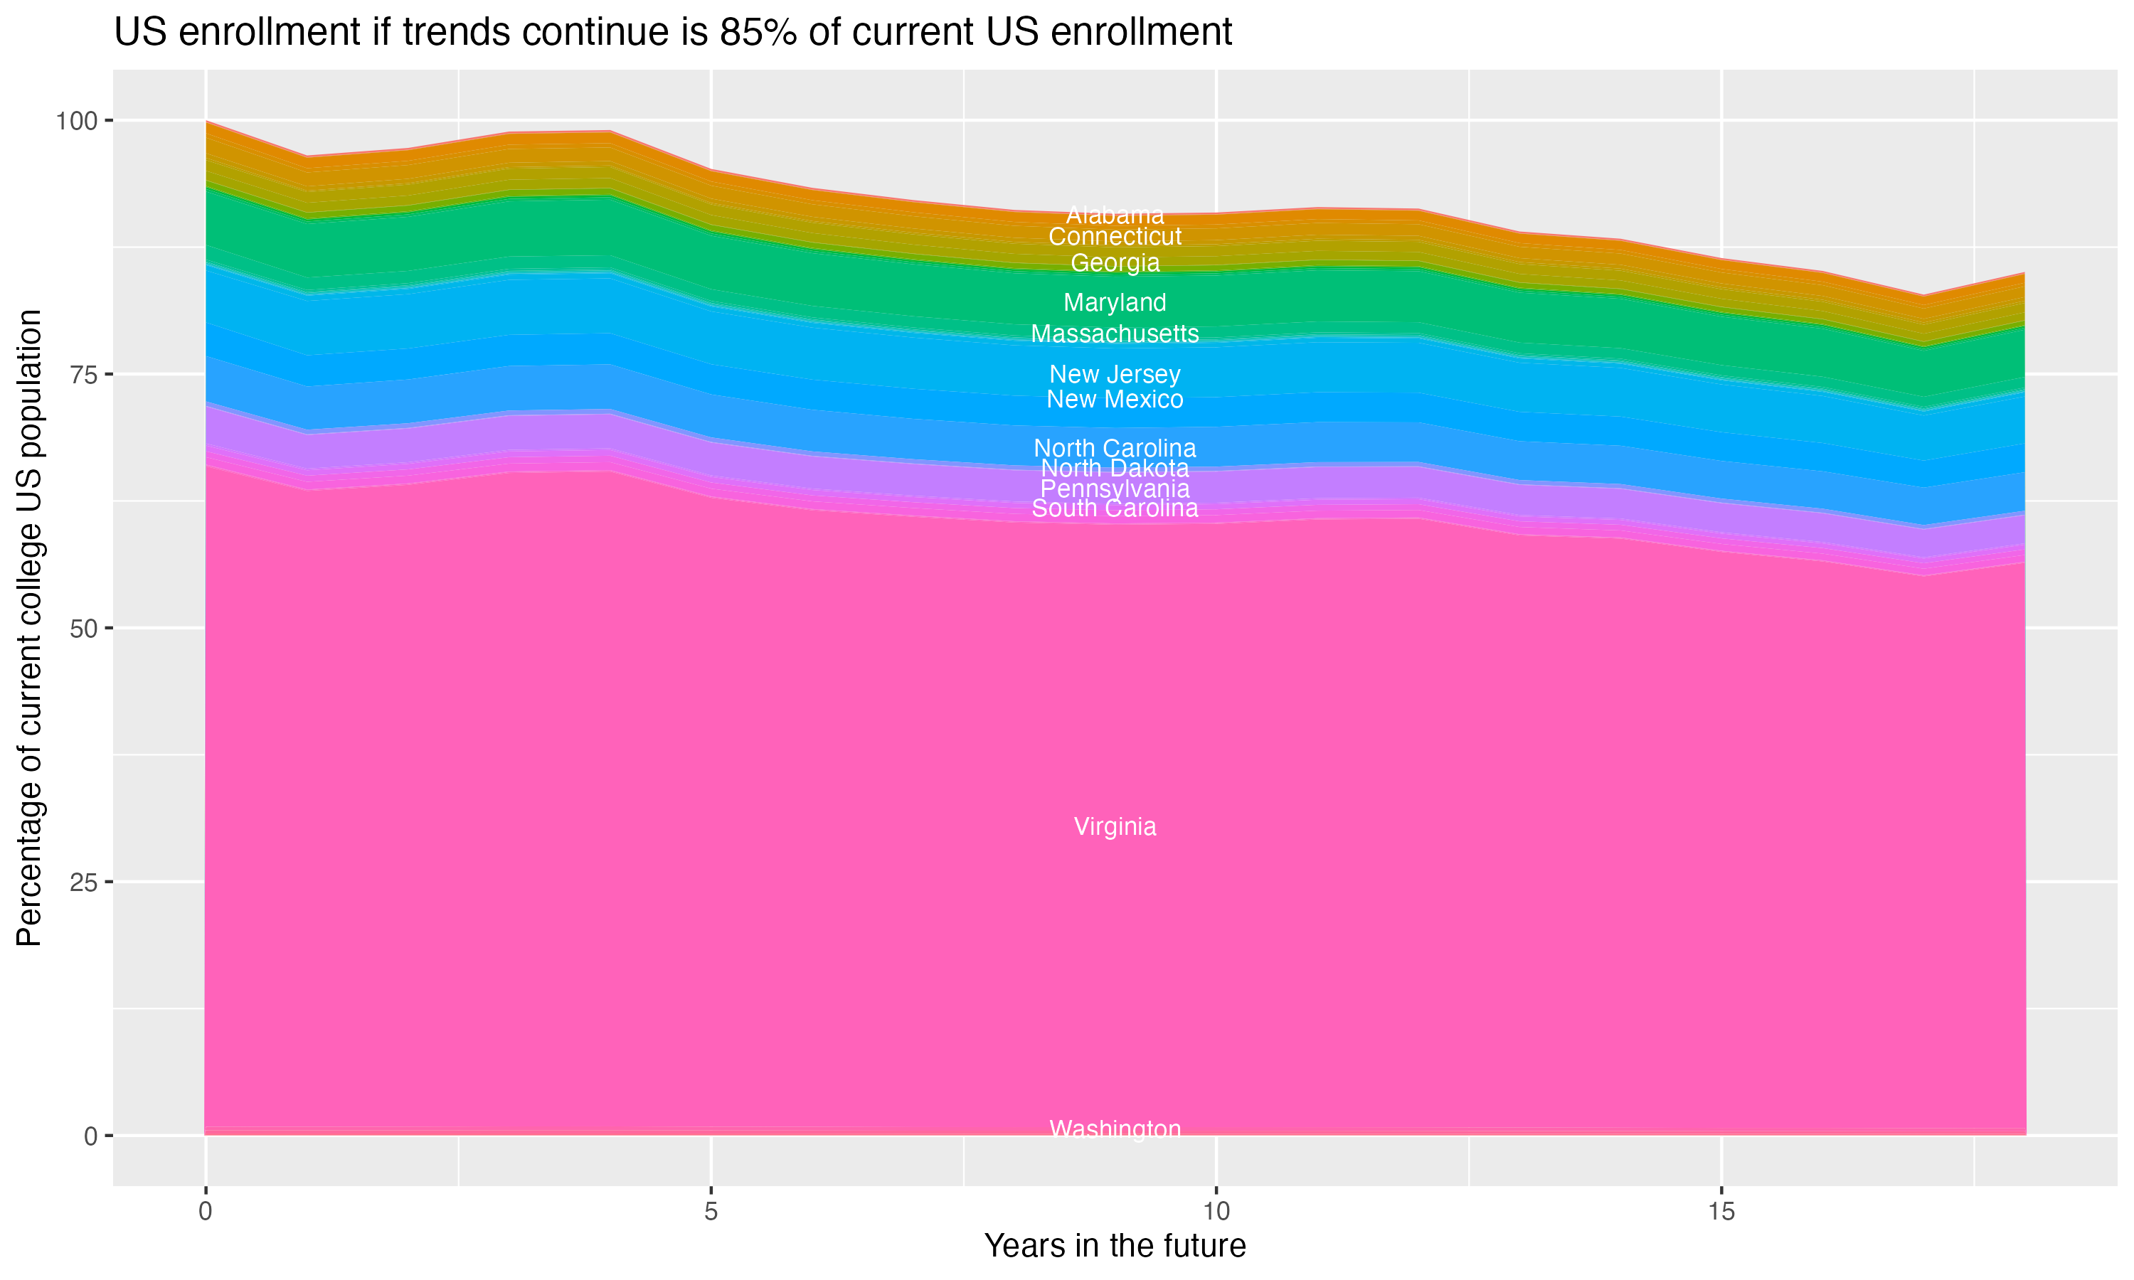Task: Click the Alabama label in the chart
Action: (1115, 215)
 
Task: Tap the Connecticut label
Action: (1115, 236)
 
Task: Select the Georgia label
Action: (1115, 263)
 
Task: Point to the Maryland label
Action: (1115, 303)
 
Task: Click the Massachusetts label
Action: (1115, 334)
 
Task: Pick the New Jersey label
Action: (1115, 374)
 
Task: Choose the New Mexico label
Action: (1115, 400)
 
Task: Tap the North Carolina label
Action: (1115, 449)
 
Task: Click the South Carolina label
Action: (1115, 509)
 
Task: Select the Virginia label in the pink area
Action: (1115, 826)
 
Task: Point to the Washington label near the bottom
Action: (1115, 1129)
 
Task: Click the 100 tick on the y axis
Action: (76, 121)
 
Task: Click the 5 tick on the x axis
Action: (711, 1212)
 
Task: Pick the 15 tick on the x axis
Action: (1721, 1212)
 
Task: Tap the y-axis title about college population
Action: (29, 627)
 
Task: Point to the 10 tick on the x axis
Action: (1216, 1212)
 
